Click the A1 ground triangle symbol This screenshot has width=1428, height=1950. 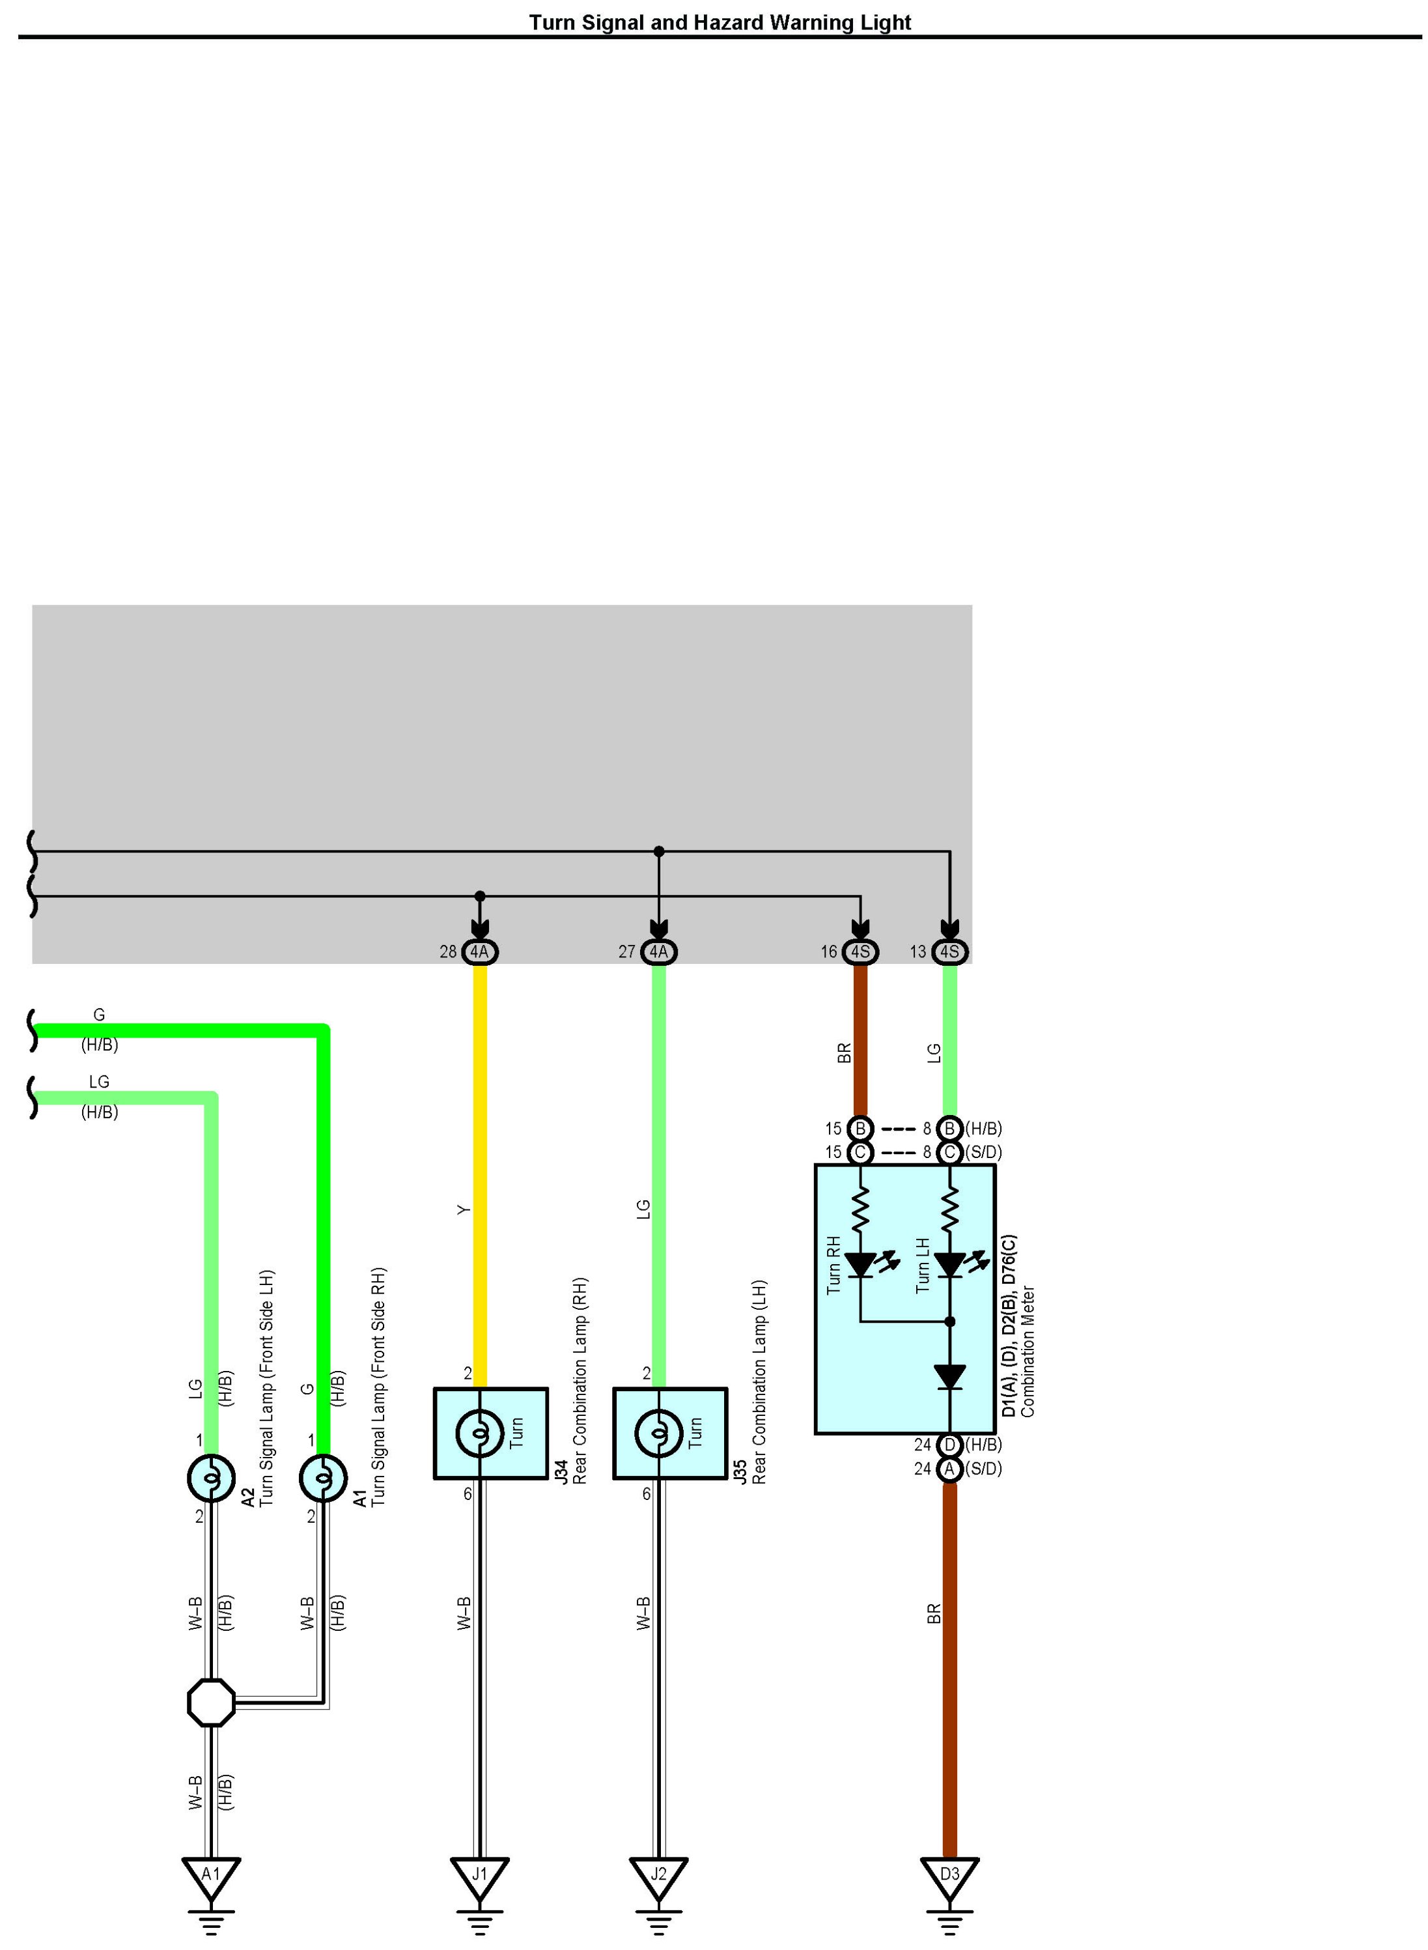pyautogui.click(x=211, y=1873)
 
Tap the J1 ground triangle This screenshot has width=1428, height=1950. pyautogui.click(x=480, y=1873)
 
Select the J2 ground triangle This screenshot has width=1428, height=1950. pyautogui.click(x=659, y=1873)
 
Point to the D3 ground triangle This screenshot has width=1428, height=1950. pyautogui.click(x=949, y=1873)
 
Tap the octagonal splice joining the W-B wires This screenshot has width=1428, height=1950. pyautogui.click(x=211, y=1703)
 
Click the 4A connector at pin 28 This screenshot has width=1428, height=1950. pyautogui.click(x=480, y=952)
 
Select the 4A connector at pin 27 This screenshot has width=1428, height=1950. pyautogui.click(x=659, y=952)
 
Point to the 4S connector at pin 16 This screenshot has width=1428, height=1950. pyautogui.click(x=860, y=952)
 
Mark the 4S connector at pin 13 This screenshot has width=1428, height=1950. pyautogui.click(x=949, y=952)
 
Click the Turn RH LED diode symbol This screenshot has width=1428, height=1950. pyautogui.click(x=861, y=1265)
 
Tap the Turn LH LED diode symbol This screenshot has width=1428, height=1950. pyautogui.click(x=950, y=1265)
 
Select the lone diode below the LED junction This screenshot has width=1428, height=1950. pyautogui.click(x=950, y=1377)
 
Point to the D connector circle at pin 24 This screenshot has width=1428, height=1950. pyautogui.click(x=949, y=1445)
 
